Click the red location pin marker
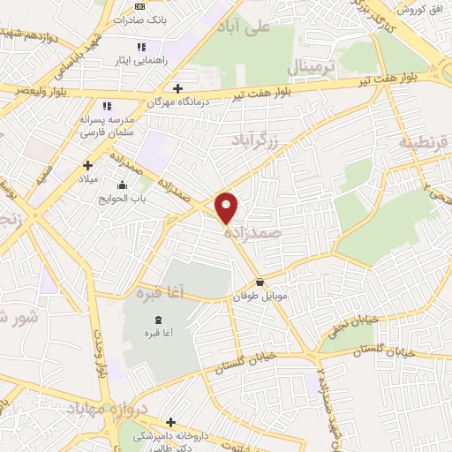tap(228, 207)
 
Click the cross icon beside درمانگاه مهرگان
tap(178, 88)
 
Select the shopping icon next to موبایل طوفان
tap(260, 282)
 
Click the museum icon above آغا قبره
tap(157, 319)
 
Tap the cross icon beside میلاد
tap(87, 165)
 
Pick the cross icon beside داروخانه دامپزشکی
tap(170, 422)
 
